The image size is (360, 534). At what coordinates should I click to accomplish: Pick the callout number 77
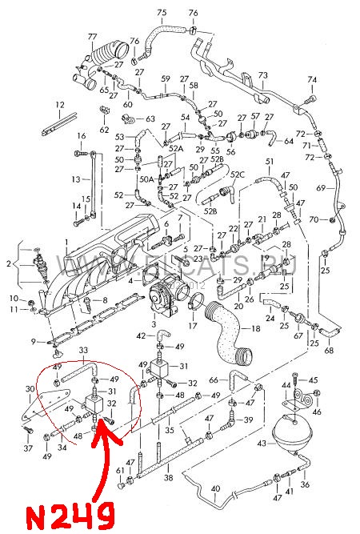(x=92, y=37)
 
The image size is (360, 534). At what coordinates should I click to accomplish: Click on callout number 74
(x=312, y=79)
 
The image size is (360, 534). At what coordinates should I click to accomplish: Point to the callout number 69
(x=321, y=188)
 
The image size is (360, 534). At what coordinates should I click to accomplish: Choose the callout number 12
(x=60, y=105)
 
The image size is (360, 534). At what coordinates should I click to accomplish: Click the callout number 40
(x=214, y=488)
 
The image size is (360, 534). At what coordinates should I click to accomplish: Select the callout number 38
(x=169, y=477)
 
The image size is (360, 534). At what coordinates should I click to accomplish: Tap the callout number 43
(x=262, y=443)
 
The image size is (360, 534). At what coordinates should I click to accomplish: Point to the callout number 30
(x=30, y=389)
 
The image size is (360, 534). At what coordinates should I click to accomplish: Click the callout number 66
(x=213, y=379)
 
